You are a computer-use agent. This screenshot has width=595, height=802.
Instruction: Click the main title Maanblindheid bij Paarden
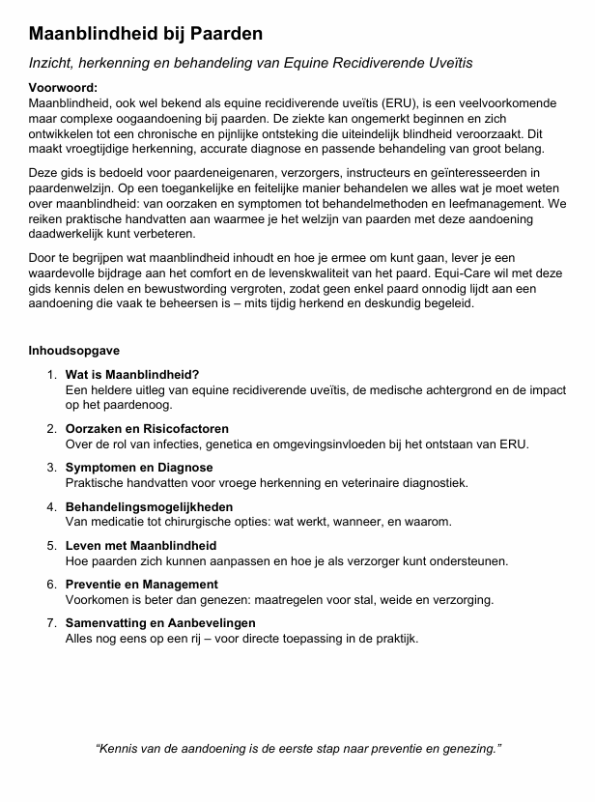[x=146, y=34]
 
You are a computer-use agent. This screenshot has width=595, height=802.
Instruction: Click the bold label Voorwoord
[x=62, y=88]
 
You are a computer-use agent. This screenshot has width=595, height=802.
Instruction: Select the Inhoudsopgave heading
[x=74, y=350]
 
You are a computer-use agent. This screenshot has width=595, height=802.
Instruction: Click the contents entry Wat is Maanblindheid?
[x=132, y=374]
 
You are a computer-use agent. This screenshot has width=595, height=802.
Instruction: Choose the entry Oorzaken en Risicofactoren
[x=147, y=429]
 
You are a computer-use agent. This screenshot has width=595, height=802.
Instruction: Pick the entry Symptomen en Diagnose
[x=139, y=468]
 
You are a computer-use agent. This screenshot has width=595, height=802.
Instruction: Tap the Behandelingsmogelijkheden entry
[x=149, y=506]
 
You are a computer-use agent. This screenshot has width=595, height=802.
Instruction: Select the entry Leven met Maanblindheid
[x=141, y=546]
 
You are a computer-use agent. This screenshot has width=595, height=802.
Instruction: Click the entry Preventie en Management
[x=141, y=585]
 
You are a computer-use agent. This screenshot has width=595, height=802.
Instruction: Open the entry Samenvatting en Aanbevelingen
[x=160, y=623]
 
